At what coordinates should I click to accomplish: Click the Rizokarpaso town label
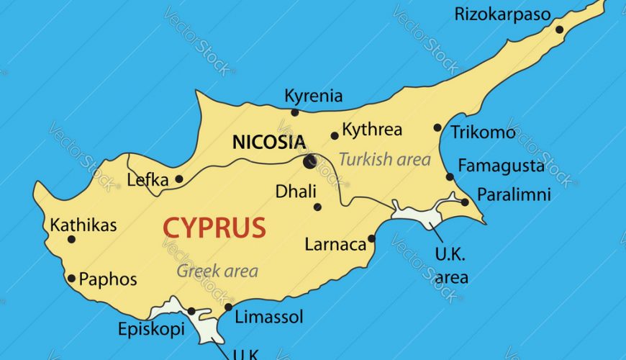(x=502, y=14)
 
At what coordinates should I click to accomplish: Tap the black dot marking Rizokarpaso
(x=559, y=30)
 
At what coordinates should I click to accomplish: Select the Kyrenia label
(x=314, y=96)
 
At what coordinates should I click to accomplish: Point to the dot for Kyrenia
(x=294, y=112)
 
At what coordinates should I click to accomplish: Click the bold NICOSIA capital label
(x=269, y=142)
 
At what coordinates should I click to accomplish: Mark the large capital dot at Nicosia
(x=309, y=161)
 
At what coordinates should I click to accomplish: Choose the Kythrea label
(x=372, y=131)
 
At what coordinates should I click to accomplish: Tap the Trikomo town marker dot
(x=437, y=127)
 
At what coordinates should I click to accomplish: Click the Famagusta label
(x=502, y=166)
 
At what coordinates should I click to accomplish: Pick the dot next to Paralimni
(x=465, y=202)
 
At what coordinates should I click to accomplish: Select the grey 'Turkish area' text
(x=385, y=160)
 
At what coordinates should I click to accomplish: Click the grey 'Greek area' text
(x=217, y=271)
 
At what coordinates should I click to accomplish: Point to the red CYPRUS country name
(x=214, y=228)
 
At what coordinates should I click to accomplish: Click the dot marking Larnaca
(x=372, y=238)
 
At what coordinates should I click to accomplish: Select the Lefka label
(x=148, y=180)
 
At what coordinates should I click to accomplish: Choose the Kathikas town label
(x=83, y=225)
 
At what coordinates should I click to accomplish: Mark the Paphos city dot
(x=71, y=278)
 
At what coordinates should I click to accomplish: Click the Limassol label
(x=270, y=317)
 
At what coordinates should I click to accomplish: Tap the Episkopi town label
(x=151, y=330)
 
